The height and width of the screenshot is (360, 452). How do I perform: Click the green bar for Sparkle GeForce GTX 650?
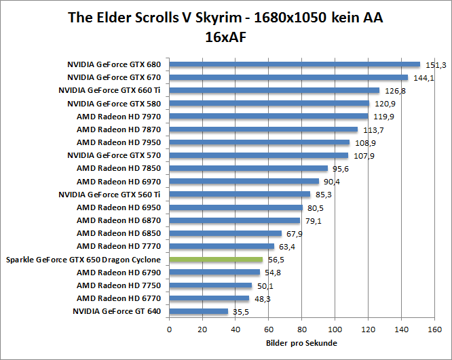tap(216, 260)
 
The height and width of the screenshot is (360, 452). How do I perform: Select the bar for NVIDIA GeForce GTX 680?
tap(295, 64)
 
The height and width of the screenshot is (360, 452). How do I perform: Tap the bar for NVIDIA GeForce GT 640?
tap(198, 311)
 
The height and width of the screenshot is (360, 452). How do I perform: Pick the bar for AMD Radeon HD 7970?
tap(268, 117)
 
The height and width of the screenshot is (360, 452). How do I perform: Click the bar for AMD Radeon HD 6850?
tap(225, 233)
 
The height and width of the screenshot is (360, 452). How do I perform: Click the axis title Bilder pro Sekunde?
tap(301, 343)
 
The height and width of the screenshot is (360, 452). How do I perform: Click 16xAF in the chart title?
tap(225, 37)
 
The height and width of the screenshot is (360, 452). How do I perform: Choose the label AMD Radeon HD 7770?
tap(119, 246)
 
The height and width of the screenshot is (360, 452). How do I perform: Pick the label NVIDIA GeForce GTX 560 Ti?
tap(109, 195)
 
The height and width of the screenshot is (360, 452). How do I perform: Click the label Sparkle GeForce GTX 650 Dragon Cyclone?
tap(83, 260)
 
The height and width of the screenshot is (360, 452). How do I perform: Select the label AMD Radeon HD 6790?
tap(119, 272)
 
